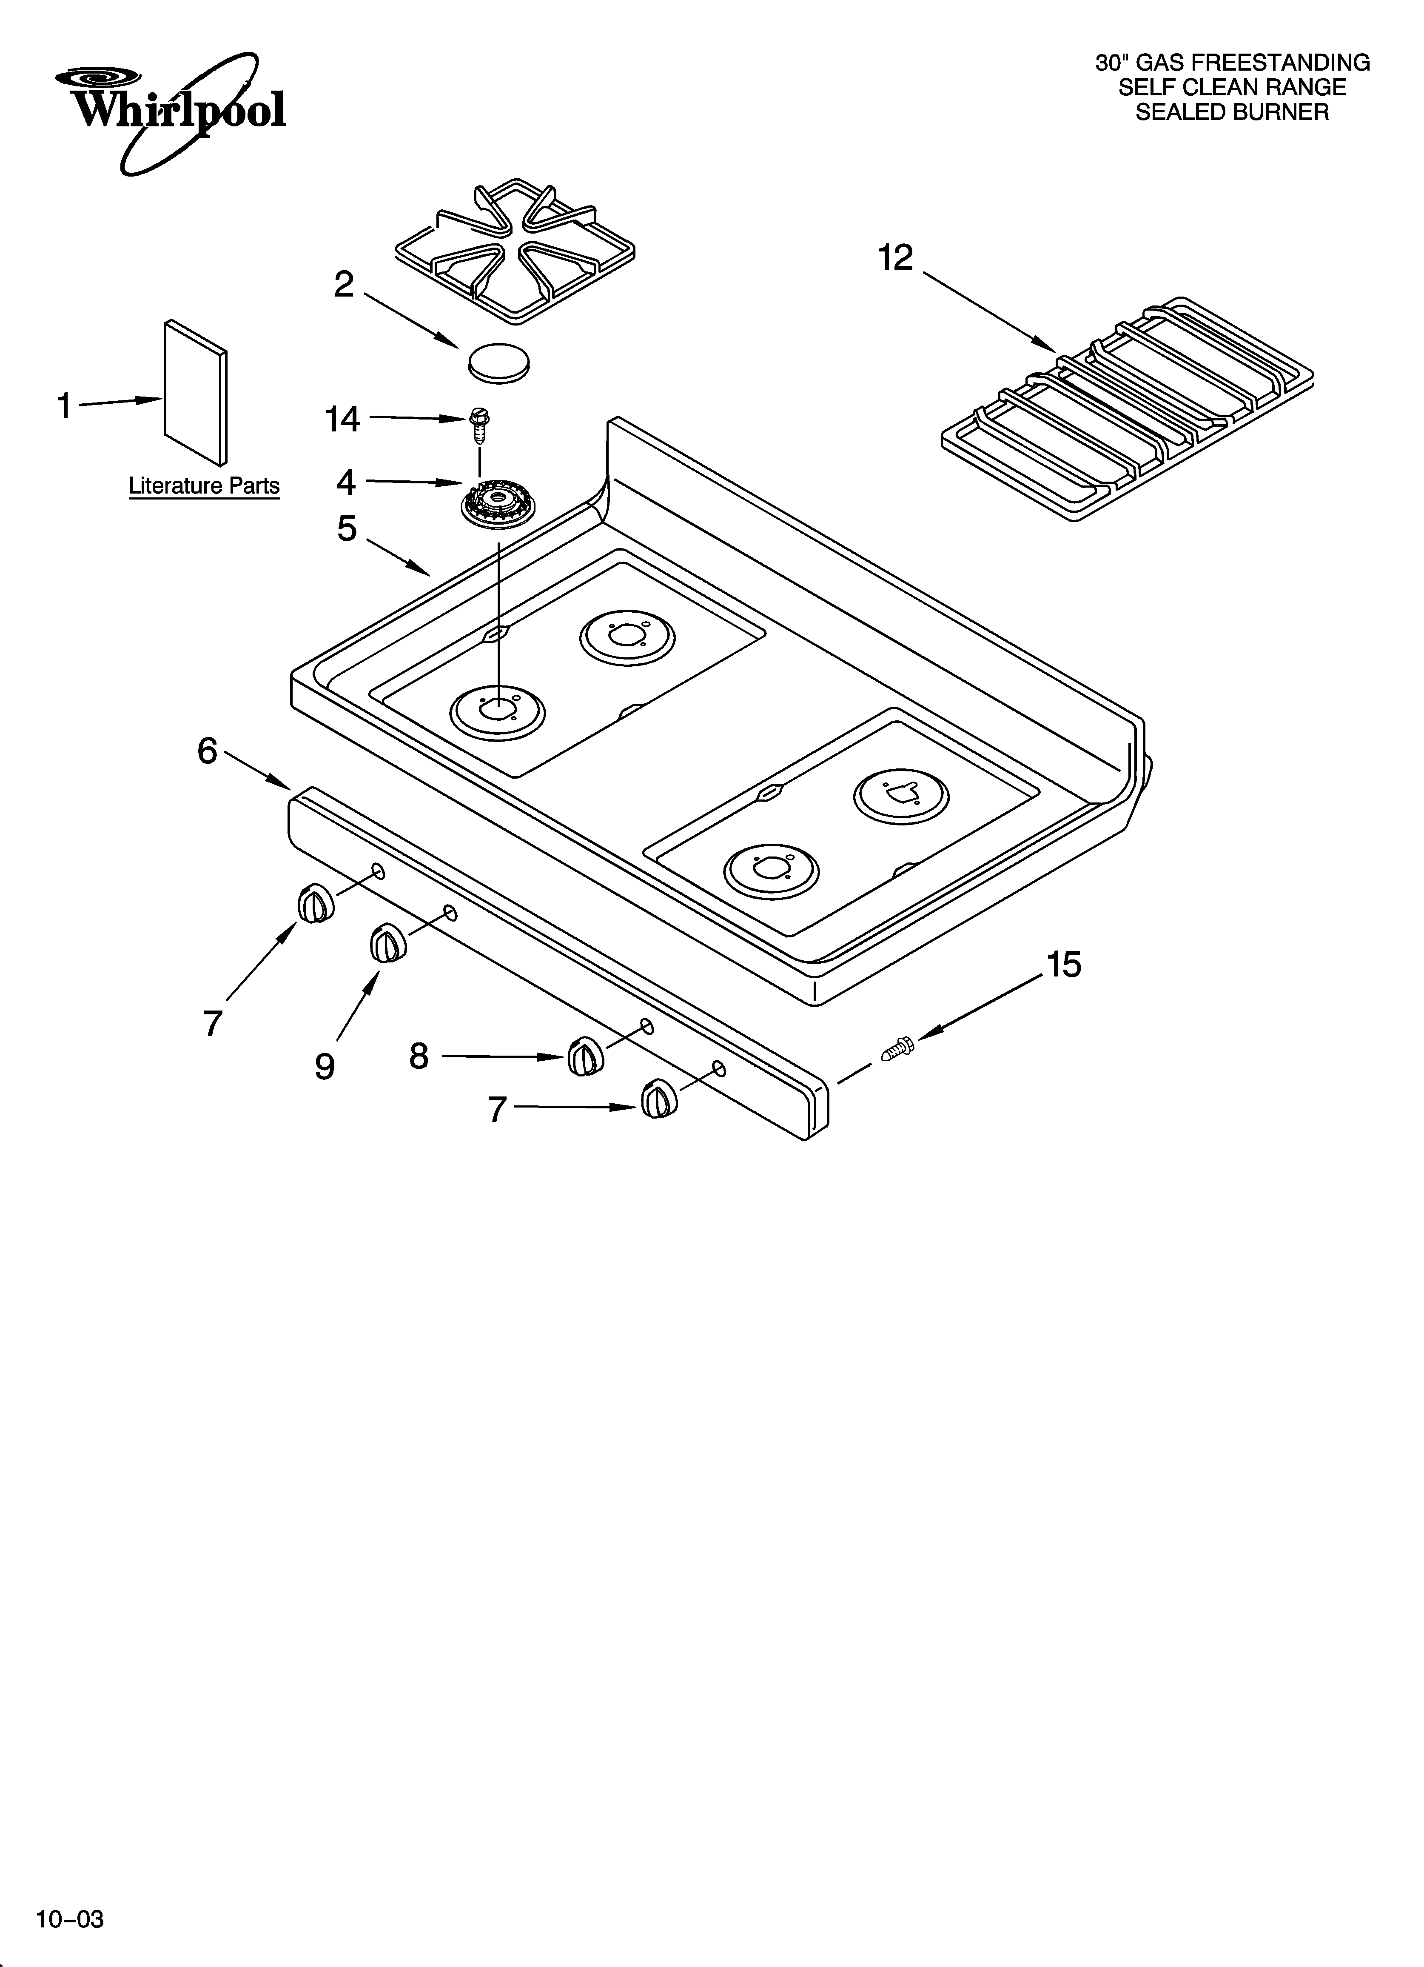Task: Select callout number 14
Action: tap(342, 420)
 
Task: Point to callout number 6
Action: tap(206, 751)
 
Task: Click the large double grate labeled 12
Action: tap(1128, 408)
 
